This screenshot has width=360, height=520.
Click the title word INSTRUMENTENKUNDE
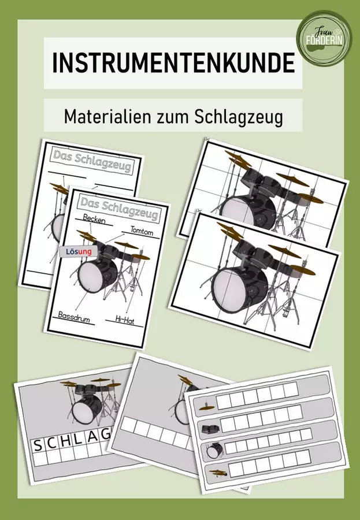coord(173,62)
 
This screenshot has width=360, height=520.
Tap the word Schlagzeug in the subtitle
coord(239,116)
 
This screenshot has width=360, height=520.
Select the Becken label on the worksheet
coord(94,219)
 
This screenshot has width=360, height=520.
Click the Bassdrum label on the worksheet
coord(74,317)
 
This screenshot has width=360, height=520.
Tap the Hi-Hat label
coord(125,320)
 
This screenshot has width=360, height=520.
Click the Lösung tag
coord(79,252)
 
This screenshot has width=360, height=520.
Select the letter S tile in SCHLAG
coord(38,445)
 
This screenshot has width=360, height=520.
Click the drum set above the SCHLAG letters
coord(90,401)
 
